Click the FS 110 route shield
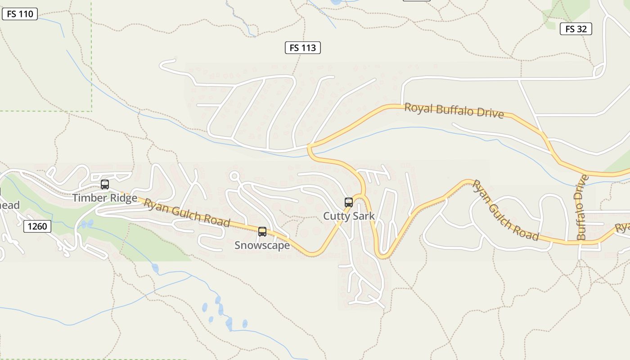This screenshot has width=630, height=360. pos(20,14)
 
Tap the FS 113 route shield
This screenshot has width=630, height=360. pos(303,48)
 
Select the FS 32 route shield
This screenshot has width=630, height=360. pos(576,29)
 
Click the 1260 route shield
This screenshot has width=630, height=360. pos(37,226)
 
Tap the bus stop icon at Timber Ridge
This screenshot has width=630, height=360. pos(105,184)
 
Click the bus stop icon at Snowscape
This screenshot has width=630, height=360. pos(262,232)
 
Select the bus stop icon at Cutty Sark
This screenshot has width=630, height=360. pos(349,202)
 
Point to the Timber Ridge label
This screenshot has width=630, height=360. pos(105,198)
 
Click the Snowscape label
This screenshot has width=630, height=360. pos(262,246)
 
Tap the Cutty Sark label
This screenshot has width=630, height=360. pos(349,216)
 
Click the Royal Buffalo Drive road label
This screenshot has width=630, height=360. pos(454,110)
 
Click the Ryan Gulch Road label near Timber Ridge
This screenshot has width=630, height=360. pos(187,213)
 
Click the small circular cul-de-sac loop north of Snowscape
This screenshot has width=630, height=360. pos(234,176)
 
